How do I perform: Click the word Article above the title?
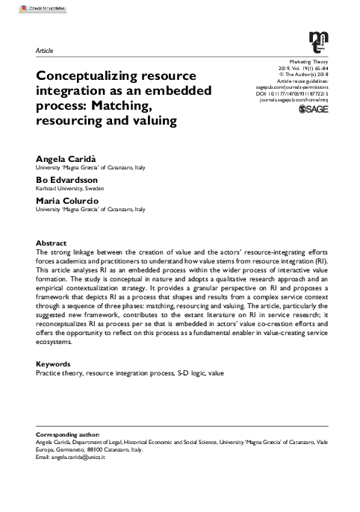coord(45,50)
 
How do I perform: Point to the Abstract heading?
coord(52,243)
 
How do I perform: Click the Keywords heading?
coord(54,363)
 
